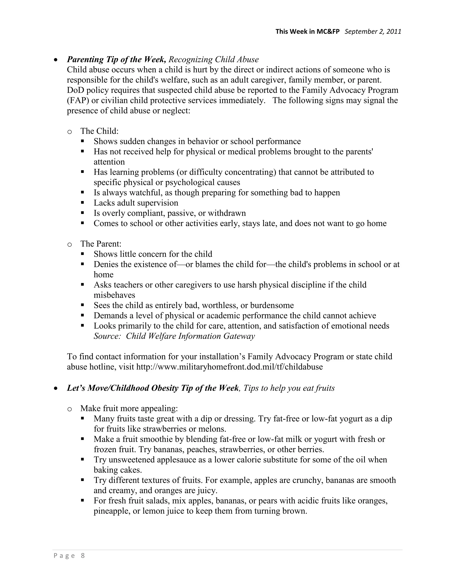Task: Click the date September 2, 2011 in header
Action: coord(373,32)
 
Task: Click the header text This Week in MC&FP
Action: coord(307,32)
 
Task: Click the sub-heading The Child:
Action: coord(99,131)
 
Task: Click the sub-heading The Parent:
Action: coord(101,244)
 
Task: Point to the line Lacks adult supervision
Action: coord(136,203)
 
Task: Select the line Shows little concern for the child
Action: coord(153,254)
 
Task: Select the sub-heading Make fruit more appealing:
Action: coord(129,408)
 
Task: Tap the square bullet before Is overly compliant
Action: coord(82,213)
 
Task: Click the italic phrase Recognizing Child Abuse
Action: coord(214,59)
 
